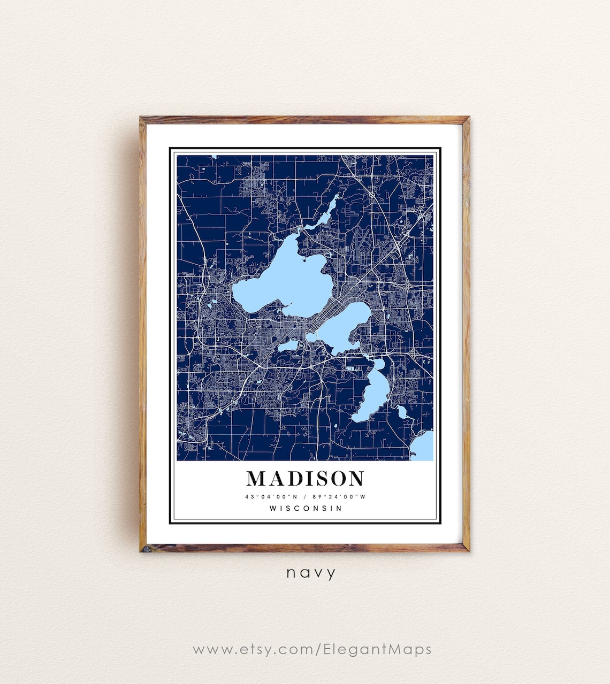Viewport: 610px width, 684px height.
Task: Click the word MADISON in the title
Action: click(305, 478)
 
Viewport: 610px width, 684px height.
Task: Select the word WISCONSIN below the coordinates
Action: click(306, 508)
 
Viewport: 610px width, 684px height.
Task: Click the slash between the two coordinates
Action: click(304, 497)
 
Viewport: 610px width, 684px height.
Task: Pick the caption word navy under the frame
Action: click(311, 573)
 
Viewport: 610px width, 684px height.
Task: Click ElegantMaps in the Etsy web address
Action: click(377, 649)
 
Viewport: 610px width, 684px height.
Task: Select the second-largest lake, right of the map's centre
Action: click(342, 326)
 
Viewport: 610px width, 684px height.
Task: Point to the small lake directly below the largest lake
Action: click(288, 346)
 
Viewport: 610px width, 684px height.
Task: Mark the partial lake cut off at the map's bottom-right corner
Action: click(424, 447)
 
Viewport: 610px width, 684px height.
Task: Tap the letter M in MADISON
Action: click(257, 478)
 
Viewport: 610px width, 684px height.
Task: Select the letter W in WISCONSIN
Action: click(273, 508)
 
